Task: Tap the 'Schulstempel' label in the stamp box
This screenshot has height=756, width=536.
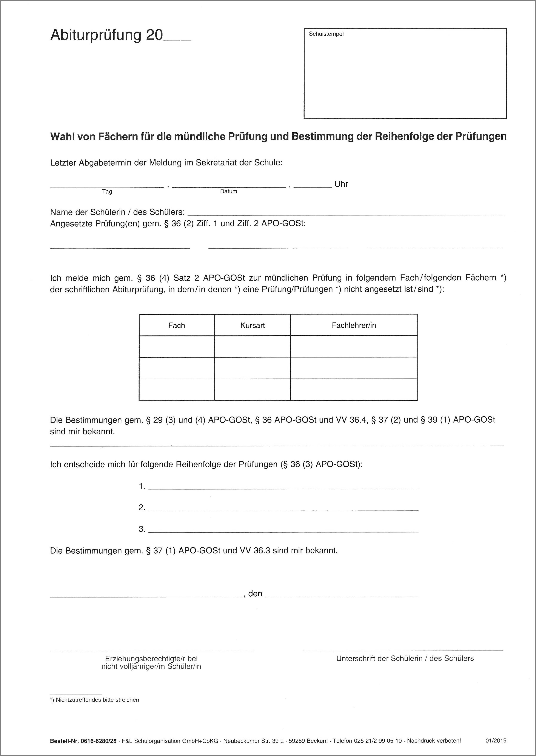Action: (x=326, y=34)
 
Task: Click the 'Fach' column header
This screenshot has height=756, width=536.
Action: (x=177, y=325)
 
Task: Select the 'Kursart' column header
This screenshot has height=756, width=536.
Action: (x=253, y=325)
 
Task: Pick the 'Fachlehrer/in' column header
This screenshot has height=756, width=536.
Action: (x=354, y=325)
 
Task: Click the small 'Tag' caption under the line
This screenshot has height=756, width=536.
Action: (x=107, y=192)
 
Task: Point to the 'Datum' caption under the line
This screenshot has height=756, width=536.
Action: (x=228, y=192)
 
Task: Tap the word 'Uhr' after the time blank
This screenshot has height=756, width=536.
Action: (x=341, y=184)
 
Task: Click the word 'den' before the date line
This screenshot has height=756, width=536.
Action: (x=255, y=594)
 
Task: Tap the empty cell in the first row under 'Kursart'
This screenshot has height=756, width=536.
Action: (x=253, y=347)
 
